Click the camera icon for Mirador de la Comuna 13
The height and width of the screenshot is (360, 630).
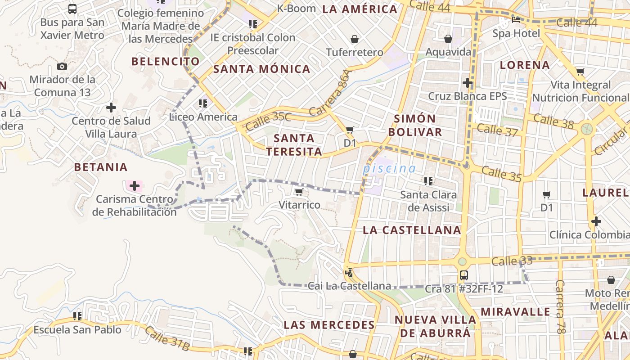pos(62,67)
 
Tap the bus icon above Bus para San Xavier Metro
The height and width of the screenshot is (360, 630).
pos(72,9)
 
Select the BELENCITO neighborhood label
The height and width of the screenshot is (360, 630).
pos(165,62)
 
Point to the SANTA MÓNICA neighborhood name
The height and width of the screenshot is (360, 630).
pos(261,69)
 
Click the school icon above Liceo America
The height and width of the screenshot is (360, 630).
pos(203,103)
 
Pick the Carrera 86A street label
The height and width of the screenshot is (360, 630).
pos(329,93)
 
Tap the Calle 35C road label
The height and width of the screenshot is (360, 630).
pos(268,121)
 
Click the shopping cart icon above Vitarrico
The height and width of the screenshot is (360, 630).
pos(299,192)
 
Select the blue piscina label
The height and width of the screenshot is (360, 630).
pos(389,169)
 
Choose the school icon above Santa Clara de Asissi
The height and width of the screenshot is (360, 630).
pos(428,181)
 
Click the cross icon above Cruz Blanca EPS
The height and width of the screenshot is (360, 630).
pos(468,83)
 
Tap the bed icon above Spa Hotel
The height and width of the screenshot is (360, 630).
pos(516,20)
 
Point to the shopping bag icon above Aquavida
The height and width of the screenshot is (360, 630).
pos(448,39)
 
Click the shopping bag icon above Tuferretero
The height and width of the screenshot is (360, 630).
pos(355,39)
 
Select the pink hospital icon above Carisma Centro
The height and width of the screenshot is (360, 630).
pos(134,185)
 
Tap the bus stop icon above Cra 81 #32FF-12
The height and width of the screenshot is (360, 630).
pos(463,275)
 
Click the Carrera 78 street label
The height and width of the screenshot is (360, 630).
pos(560,307)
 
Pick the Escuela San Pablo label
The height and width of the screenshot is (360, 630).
pos(77,330)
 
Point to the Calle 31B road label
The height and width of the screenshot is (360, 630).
pos(167,339)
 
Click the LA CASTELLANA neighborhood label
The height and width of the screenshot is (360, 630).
pos(412,230)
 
